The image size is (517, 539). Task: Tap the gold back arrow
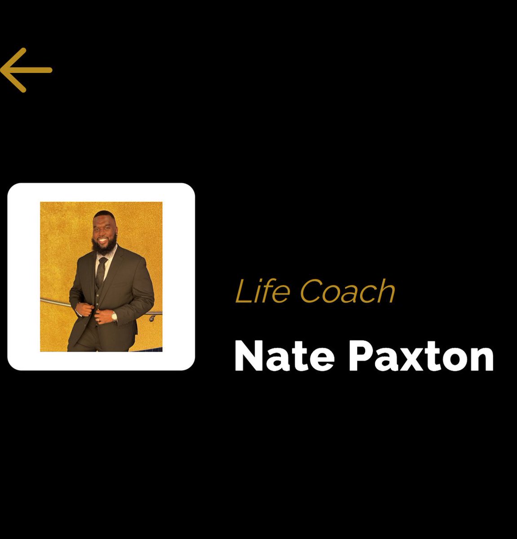tap(26, 70)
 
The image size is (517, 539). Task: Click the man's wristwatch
tap(114, 316)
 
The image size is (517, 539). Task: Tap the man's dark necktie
tap(101, 272)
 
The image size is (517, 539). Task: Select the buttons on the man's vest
tap(98, 305)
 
